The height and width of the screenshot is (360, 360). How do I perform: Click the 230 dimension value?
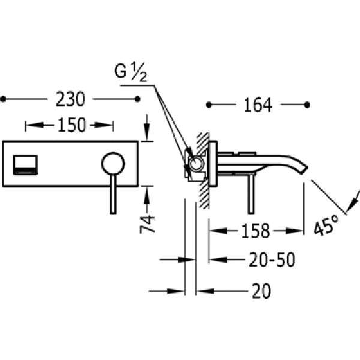[70, 99]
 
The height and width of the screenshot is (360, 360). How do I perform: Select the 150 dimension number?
[72, 125]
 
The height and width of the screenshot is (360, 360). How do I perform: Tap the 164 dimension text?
[258, 105]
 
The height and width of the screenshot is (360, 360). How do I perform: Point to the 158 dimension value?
[256, 230]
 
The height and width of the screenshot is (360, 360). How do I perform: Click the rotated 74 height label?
[147, 224]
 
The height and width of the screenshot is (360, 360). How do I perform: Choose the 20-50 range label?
[272, 260]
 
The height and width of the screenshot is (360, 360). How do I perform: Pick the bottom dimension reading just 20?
[261, 291]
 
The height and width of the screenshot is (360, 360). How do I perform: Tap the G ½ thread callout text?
[130, 72]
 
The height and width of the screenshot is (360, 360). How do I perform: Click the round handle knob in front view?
[113, 164]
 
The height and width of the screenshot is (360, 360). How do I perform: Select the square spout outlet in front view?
[25, 165]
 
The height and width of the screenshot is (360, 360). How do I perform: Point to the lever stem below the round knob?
[113, 194]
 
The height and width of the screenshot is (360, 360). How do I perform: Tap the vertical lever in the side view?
[251, 194]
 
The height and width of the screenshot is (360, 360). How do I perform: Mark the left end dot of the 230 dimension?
[3, 99]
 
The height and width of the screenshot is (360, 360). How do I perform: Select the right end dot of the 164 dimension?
[307, 105]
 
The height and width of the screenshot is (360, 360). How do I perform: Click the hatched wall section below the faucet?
[203, 194]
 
